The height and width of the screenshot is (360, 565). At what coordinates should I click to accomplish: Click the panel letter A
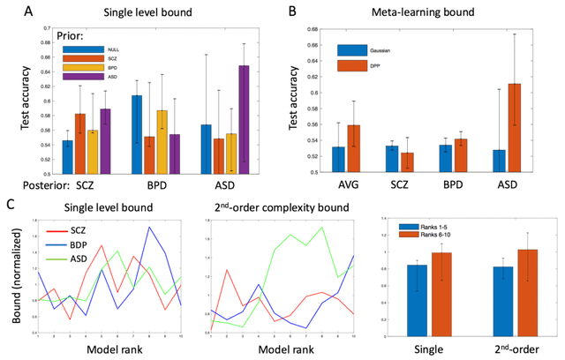11,11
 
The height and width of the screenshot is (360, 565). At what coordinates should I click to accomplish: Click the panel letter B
292,11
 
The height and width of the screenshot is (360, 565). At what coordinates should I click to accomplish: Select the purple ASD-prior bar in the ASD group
244,118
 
